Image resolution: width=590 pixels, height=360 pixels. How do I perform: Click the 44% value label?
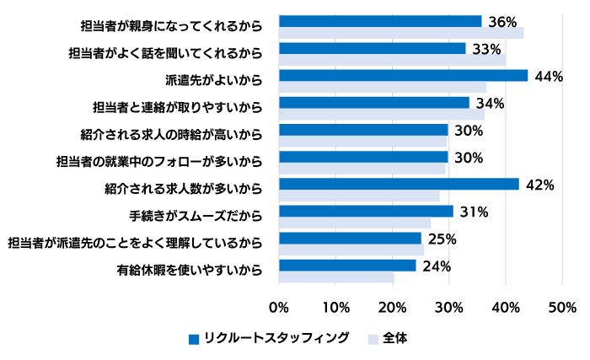pyautogui.click(x=549, y=77)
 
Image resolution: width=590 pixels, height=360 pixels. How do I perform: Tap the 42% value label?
pyautogui.click(x=539, y=185)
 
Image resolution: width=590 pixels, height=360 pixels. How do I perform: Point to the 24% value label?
pyautogui.click(x=437, y=266)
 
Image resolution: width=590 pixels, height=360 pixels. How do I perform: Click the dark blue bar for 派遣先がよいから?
pyautogui.click(x=403, y=75)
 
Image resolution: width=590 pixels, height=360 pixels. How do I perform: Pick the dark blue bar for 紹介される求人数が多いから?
pyautogui.click(x=399, y=184)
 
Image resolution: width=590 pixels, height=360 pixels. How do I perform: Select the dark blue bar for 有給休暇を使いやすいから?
pyautogui.click(x=347, y=266)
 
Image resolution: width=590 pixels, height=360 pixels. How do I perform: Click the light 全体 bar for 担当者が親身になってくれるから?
pyautogui.click(x=400, y=33)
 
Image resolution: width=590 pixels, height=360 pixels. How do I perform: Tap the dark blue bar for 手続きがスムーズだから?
pyautogui.click(x=366, y=211)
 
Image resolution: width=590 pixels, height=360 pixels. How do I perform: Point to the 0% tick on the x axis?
pyautogui.click(x=279, y=307)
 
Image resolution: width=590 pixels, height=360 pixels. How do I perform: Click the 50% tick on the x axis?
pyautogui.click(x=561, y=307)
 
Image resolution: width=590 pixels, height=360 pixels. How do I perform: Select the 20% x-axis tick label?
pyautogui.click(x=392, y=307)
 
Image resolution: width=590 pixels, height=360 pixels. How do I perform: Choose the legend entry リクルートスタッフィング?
pyautogui.click(x=277, y=338)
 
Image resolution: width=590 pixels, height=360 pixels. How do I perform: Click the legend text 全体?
pyautogui.click(x=394, y=338)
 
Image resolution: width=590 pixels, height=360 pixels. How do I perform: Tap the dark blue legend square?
pyautogui.click(x=194, y=339)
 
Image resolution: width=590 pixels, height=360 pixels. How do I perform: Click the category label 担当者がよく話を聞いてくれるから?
pyautogui.click(x=165, y=54)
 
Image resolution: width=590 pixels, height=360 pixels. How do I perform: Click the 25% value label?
pyautogui.click(x=442, y=239)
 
